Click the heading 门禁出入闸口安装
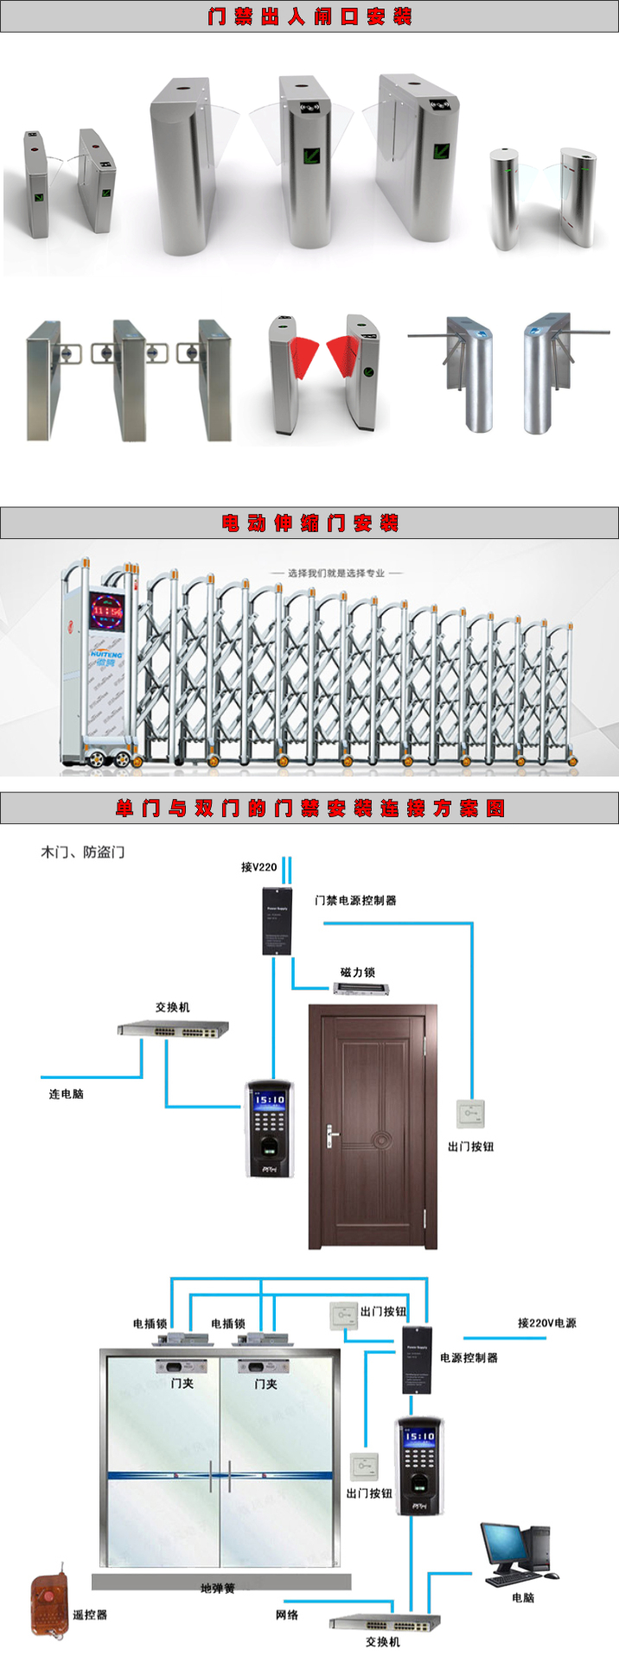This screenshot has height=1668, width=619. coord(309,16)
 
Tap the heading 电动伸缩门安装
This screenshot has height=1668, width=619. coord(309,523)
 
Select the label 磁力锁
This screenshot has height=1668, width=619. coord(357,972)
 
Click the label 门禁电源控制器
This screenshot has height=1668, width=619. coord(355,900)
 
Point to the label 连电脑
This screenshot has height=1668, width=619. coord(66,1094)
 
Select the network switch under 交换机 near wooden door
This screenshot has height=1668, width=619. coord(173,1028)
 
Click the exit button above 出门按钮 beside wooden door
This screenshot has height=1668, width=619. coord(470,1113)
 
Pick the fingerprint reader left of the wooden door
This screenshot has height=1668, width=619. coord(270,1127)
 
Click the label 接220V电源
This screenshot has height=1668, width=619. coord(546,1322)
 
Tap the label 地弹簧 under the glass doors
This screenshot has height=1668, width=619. coord(217,1588)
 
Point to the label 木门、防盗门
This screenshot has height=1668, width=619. coord(83,852)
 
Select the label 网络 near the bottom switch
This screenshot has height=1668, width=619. coord(287,1614)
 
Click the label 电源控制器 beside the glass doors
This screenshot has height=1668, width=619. coord(469,1357)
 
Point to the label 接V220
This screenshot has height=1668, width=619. coord(258,866)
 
